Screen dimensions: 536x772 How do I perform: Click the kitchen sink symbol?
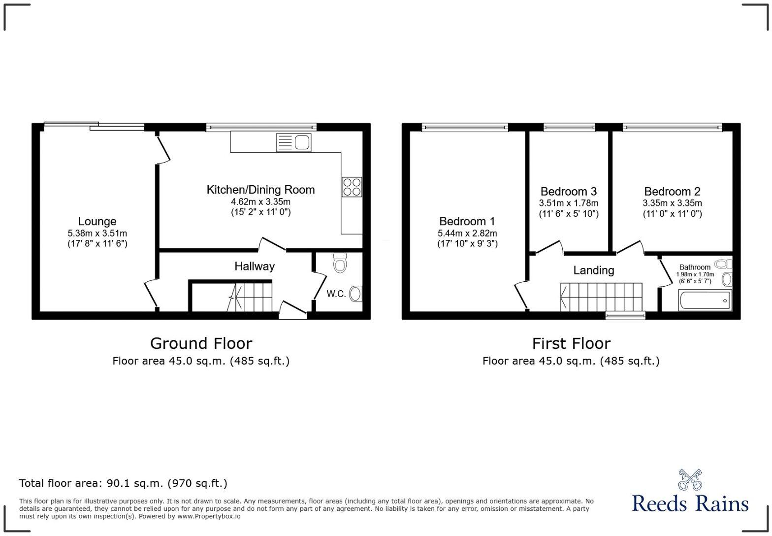tap(294, 142)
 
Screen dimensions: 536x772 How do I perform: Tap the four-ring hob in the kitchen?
tap(352, 187)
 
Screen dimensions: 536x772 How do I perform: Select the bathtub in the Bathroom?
tap(704, 300)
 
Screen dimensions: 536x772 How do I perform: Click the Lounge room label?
tap(97, 222)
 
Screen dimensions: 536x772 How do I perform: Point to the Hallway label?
tap(254, 267)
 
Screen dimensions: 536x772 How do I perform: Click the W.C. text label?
tap(336, 294)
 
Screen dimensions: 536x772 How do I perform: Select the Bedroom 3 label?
tap(568, 191)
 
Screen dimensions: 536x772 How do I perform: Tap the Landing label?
tap(593, 270)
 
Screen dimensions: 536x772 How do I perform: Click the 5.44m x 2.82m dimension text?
tap(467, 233)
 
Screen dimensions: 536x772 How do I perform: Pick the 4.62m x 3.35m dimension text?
tap(260, 201)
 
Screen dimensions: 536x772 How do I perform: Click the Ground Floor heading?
tap(201, 343)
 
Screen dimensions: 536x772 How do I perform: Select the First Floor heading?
tap(571, 343)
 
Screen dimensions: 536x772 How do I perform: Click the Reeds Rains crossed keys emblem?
tap(690, 480)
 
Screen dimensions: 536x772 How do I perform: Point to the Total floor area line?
tap(123, 483)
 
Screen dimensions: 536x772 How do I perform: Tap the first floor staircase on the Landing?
tap(601, 297)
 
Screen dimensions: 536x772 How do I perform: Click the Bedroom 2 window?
tap(672, 128)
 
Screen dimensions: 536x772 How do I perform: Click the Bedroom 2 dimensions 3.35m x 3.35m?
tap(672, 203)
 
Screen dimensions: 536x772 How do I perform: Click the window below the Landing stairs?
tap(625, 315)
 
